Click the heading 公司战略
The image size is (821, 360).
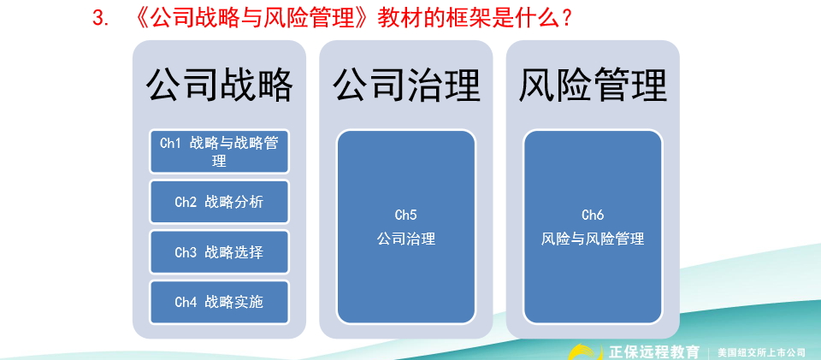(219, 86)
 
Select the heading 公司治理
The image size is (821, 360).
(406, 86)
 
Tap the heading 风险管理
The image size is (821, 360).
(593, 86)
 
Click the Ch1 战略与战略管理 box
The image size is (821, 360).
(219, 151)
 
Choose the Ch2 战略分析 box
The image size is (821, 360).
(219, 202)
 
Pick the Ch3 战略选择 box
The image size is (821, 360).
(219, 252)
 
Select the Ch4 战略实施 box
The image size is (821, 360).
(219, 302)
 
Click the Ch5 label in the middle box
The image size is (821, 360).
(406, 215)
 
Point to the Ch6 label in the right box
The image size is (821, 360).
(593, 215)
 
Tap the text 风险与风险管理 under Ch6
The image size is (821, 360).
(593, 239)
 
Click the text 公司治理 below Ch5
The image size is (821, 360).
(406, 239)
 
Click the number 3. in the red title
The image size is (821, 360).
(103, 18)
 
